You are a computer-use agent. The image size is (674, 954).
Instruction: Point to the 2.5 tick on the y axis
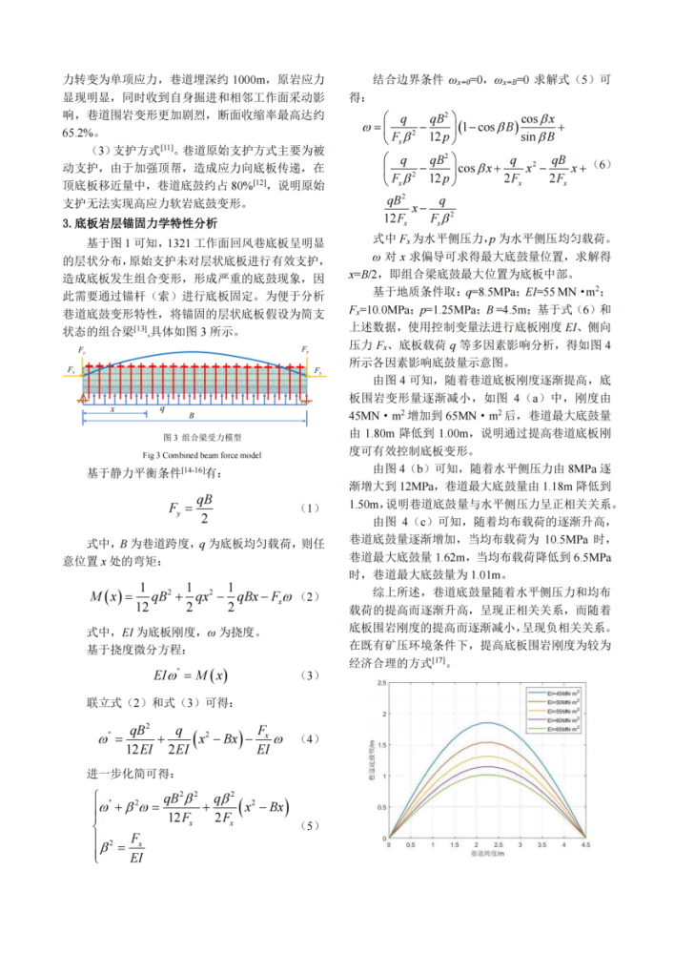382,684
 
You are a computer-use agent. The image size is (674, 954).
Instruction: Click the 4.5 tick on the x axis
584,844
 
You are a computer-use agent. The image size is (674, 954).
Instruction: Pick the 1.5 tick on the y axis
382,745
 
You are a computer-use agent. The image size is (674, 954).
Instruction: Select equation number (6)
603,165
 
